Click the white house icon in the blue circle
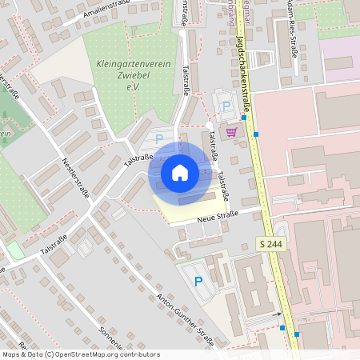pos(179,172)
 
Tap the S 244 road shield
pos(271,243)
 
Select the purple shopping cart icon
pos(232,132)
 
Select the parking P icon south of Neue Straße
pos(198,281)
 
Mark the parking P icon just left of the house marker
pos(158,139)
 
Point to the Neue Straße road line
pos(240,213)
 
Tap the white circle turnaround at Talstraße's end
pos(209,126)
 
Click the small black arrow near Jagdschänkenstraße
pos(282,327)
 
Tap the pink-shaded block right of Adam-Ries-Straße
pos(339,56)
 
